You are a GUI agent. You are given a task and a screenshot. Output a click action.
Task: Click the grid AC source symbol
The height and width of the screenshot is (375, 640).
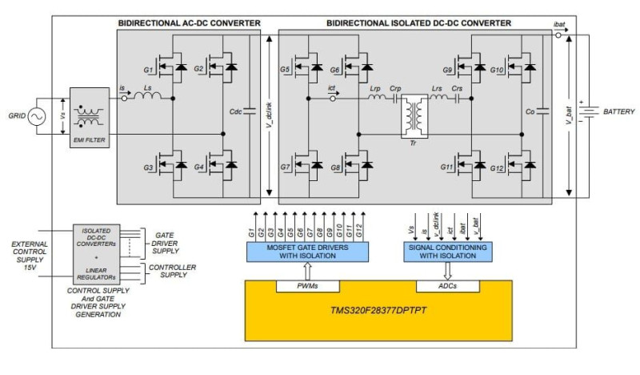[x=37, y=118]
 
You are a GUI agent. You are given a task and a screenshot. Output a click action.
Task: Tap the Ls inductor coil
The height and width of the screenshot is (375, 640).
[x=148, y=98]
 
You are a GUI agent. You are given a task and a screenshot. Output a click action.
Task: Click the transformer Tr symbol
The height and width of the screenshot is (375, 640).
[x=415, y=117]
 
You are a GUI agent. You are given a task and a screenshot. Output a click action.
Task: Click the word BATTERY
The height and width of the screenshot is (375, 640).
[x=618, y=111]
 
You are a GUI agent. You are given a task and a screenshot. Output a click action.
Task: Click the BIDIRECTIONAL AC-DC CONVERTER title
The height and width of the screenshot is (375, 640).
[x=189, y=23]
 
